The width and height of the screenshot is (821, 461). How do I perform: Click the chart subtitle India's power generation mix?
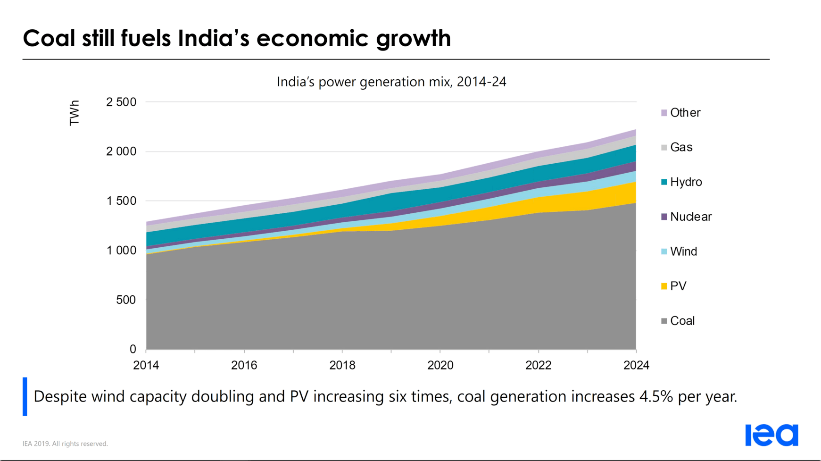(x=391, y=82)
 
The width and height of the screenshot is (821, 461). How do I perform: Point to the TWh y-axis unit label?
(x=75, y=113)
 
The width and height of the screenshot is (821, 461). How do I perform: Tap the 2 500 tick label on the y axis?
(x=121, y=102)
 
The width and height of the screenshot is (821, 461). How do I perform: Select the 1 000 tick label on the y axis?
(x=121, y=251)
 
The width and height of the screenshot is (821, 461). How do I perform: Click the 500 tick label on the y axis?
(x=126, y=300)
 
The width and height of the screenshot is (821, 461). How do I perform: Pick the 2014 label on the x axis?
(x=146, y=365)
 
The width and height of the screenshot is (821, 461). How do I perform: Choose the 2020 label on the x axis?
(x=440, y=365)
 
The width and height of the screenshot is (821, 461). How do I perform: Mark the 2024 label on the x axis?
(x=636, y=365)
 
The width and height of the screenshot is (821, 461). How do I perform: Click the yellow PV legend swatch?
(x=664, y=286)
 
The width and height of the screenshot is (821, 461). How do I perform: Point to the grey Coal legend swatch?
(x=664, y=321)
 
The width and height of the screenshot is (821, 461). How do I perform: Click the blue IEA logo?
(x=771, y=435)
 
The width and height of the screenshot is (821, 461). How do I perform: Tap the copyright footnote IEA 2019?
(x=65, y=444)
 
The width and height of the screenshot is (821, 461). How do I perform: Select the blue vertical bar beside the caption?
(x=25, y=396)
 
